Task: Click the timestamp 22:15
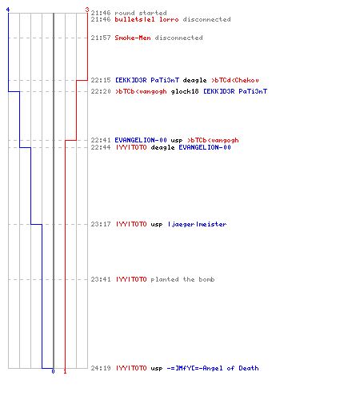[x=101, y=80]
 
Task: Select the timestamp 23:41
[x=101, y=279]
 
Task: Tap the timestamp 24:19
[x=101, y=368]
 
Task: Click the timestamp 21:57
[x=101, y=38]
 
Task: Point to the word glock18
[x=185, y=91]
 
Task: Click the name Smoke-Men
[x=133, y=38]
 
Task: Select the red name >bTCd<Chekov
[x=235, y=80]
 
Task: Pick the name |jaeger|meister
[x=198, y=225]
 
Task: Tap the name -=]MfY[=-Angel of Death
[x=213, y=368]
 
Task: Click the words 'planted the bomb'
[x=182, y=279]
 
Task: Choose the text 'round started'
[x=141, y=13]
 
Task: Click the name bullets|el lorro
[x=146, y=19]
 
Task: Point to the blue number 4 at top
[x=8, y=10]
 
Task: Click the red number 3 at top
[x=87, y=10]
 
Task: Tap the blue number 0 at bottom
[x=53, y=371]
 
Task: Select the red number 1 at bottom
[x=65, y=371]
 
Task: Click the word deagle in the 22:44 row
[x=162, y=147]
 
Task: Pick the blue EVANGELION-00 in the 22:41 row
[x=141, y=140]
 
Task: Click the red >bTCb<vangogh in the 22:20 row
[x=141, y=91]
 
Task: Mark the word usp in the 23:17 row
[x=157, y=225]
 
